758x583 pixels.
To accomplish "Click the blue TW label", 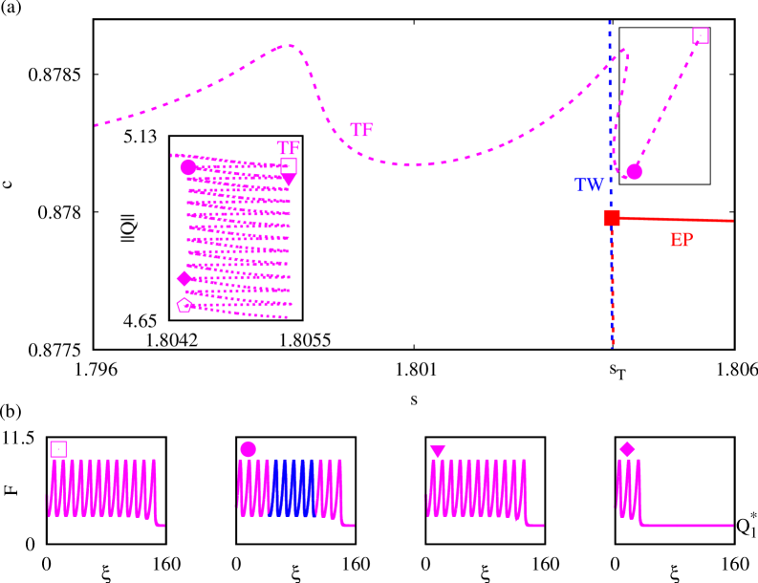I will [x=588, y=184].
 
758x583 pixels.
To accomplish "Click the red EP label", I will [x=681, y=240].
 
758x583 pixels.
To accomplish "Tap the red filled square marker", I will [x=612, y=218].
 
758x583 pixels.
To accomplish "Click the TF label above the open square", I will [x=288, y=148].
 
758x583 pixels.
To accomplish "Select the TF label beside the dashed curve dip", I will [x=360, y=130].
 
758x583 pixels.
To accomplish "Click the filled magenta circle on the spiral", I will [x=188, y=167].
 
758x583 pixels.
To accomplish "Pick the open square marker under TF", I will [x=289, y=165].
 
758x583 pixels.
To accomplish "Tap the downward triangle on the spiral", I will [x=289, y=181].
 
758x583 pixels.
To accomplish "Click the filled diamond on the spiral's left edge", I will [x=184, y=279].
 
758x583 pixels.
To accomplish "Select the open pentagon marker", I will [x=184, y=305].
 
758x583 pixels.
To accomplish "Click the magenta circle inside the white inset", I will [x=634, y=172].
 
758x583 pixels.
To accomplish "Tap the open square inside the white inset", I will [x=701, y=35].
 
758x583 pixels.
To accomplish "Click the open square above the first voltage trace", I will [x=58, y=449].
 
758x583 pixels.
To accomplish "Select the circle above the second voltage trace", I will [x=249, y=449].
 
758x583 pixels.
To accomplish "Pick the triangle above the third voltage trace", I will [x=438, y=451].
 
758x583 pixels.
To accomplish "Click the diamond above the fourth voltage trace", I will [x=627, y=449].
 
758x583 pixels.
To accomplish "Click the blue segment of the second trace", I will [x=292, y=487].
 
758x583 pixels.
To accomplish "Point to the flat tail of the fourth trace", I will [x=688, y=525].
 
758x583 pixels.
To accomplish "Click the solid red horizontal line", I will [x=679, y=220].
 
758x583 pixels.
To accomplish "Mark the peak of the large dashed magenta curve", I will [x=288, y=45].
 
